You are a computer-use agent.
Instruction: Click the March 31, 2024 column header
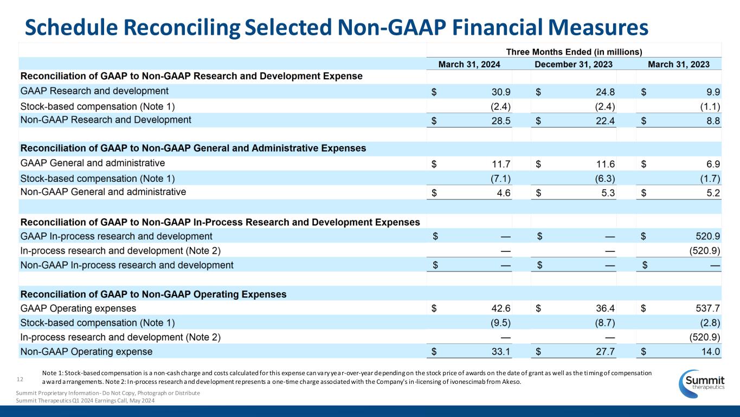[x=469, y=64]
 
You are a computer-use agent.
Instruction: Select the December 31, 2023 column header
[x=574, y=64]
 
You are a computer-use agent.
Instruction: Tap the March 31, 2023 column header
[x=678, y=64]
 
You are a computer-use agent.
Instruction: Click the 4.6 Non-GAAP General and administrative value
[x=503, y=192]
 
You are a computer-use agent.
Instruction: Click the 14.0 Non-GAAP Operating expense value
[x=710, y=351]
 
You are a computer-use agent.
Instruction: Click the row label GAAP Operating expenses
[x=78, y=308]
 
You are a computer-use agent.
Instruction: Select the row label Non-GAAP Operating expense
[x=86, y=351]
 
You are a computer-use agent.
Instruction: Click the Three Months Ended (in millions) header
[x=574, y=52]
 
